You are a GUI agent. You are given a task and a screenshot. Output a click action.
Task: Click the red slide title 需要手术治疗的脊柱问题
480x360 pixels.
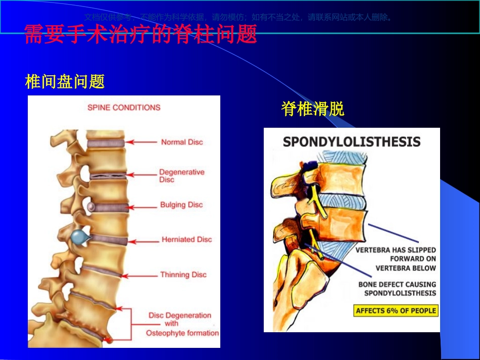[x=140, y=34]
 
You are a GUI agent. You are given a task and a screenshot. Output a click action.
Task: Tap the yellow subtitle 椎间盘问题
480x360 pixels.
[x=65, y=81]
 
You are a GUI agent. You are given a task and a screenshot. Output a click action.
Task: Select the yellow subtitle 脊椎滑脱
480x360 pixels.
[x=313, y=109]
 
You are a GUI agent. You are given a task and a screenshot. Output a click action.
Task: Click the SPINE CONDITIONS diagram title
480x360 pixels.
[x=124, y=108]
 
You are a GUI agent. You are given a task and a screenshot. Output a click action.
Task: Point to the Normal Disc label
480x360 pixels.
[x=181, y=142]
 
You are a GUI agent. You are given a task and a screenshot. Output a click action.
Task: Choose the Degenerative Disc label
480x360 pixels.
[x=181, y=176]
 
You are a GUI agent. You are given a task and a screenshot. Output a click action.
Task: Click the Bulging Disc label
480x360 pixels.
[x=181, y=205]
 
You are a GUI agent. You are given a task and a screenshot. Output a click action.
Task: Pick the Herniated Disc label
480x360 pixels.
[x=186, y=239]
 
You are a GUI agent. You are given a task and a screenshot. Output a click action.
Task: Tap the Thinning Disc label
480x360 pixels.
[x=183, y=275]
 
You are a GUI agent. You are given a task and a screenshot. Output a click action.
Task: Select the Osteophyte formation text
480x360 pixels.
[x=182, y=333]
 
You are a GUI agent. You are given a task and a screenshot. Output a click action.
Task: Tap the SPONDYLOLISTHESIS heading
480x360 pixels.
[x=352, y=141]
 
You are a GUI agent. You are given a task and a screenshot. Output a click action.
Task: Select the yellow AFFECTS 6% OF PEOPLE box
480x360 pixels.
[x=396, y=311]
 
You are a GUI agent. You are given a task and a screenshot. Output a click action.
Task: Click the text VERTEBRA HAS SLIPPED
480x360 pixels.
[x=396, y=250]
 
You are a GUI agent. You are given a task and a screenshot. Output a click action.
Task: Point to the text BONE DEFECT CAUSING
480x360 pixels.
[x=397, y=284]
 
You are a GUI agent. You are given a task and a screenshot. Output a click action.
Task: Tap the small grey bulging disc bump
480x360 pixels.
[x=90, y=207]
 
